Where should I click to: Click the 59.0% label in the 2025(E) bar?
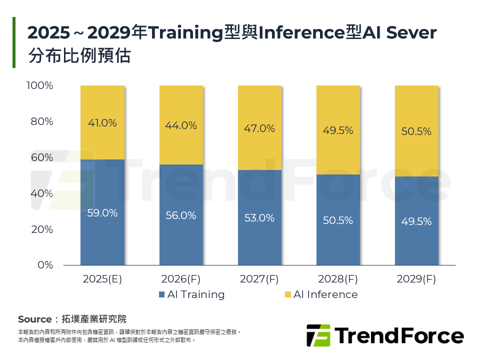click(x=102, y=213)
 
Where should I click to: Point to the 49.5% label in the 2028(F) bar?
click(x=338, y=130)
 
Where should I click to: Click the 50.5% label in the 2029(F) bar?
click(x=416, y=132)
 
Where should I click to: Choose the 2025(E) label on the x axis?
click(x=102, y=279)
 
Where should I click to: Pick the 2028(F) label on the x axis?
click(x=338, y=279)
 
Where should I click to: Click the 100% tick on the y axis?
click(x=39, y=85)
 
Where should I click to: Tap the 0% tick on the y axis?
click(x=45, y=265)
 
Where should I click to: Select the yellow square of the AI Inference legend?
click(x=287, y=294)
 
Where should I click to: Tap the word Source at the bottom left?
click(x=34, y=319)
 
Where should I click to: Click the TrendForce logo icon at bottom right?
click(x=318, y=335)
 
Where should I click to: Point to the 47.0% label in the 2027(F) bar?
click(x=259, y=128)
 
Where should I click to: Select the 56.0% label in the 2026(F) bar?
click(x=181, y=215)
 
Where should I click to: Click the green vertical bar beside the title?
click(x=14, y=42)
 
